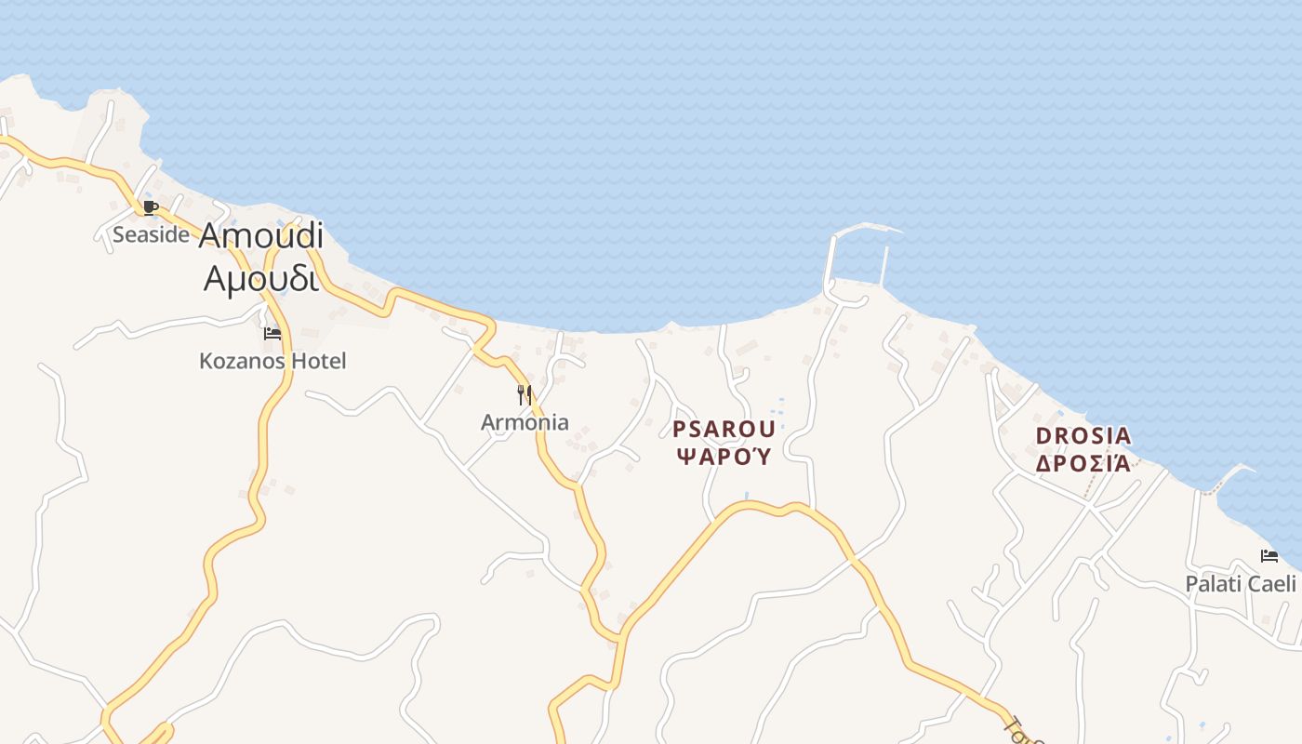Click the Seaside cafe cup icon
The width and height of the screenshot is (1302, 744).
coord(151,207)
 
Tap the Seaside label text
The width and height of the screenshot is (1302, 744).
coord(151,234)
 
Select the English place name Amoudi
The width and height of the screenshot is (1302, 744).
coord(260,236)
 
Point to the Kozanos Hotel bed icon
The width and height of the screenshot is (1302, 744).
coord(272,333)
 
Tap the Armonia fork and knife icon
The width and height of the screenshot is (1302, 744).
coord(525,395)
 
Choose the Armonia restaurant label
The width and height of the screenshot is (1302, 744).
coord(525,422)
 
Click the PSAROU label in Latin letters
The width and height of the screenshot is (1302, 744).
coord(724,429)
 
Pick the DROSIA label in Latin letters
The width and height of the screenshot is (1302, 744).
coord(1083,435)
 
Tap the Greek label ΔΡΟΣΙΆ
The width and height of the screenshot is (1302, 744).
coord(1083,462)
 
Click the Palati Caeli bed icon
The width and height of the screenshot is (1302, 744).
coord(1269,556)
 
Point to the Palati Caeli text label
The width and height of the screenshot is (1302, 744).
coord(1240,584)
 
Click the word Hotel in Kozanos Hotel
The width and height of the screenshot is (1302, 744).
coord(319,361)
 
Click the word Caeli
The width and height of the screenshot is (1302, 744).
coord(1272,584)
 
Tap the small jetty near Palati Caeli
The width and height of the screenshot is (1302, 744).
coord(1228,477)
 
